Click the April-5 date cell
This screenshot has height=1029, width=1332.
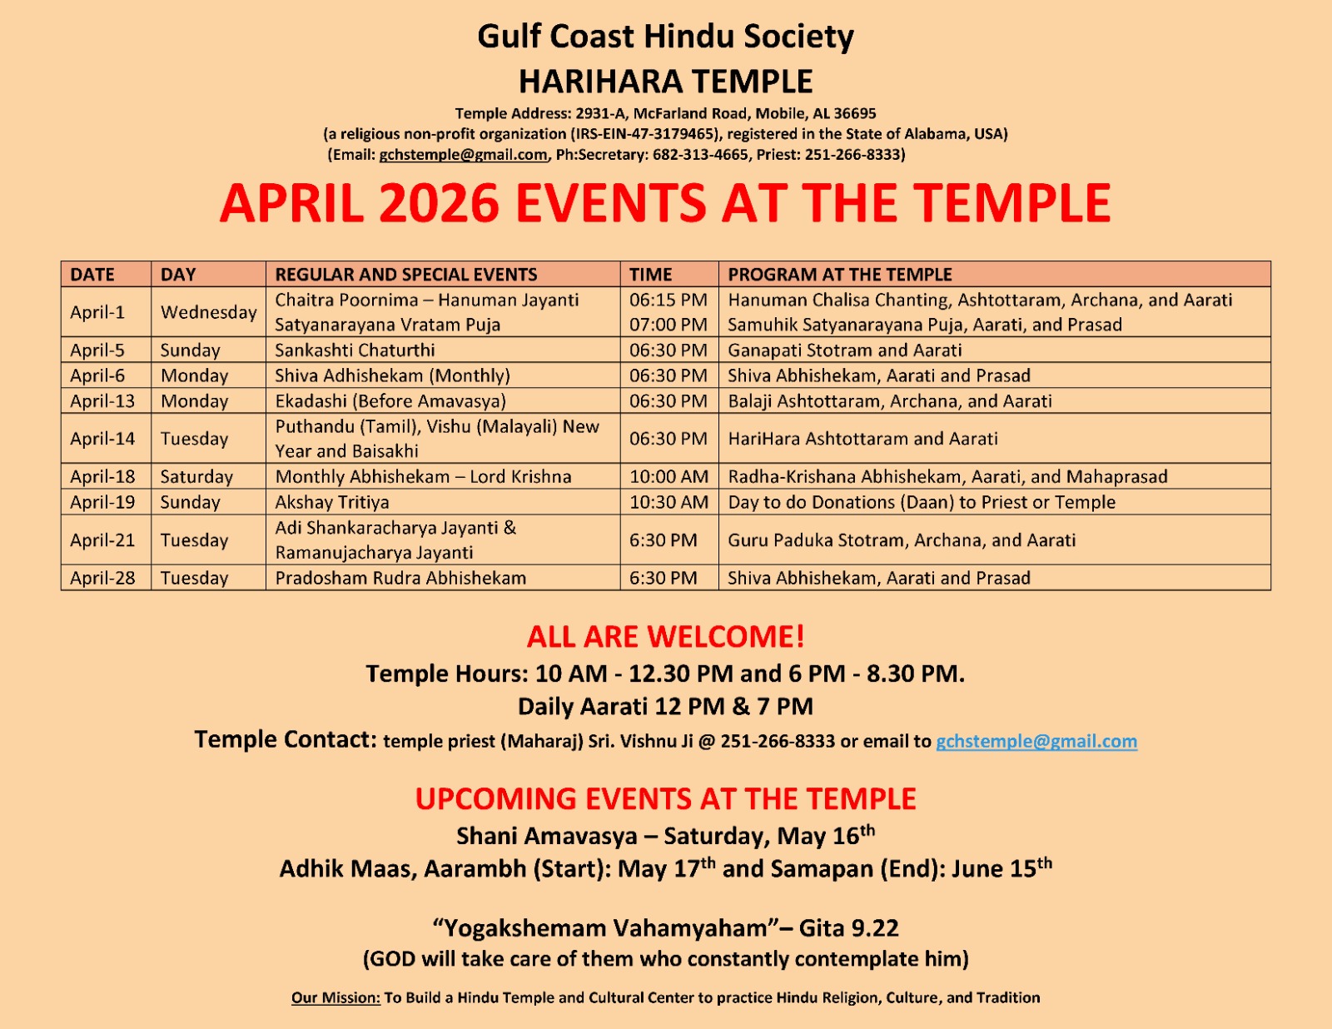click(97, 350)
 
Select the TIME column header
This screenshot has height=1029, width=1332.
click(650, 275)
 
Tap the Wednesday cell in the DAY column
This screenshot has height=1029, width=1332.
click(208, 312)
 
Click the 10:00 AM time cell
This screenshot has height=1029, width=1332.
click(668, 477)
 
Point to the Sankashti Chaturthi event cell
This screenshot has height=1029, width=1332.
click(355, 350)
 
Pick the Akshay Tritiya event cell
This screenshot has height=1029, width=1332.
click(332, 502)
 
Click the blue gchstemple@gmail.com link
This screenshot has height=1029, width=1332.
click(1036, 741)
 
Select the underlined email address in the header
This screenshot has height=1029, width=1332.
click(463, 155)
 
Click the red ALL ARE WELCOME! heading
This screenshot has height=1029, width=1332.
click(665, 637)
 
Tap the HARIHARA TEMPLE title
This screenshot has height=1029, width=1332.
click(665, 82)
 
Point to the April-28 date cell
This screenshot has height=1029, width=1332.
click(102, 578)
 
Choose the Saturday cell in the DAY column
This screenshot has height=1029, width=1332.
click(196, 477)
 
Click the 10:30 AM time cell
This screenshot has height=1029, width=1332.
click(668, 502)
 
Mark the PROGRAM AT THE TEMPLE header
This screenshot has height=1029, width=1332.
click(839, 275)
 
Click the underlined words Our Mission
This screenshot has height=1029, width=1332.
click(335, 997)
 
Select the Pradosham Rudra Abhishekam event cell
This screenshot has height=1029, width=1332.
click(400, 578)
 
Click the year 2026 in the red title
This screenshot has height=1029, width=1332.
click(439, 203)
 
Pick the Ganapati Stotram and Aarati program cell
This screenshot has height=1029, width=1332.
click(844, 350)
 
